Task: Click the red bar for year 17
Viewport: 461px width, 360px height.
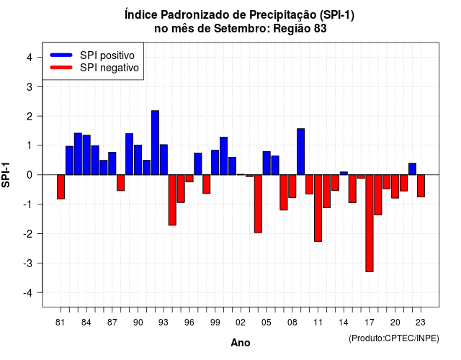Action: [370, 223]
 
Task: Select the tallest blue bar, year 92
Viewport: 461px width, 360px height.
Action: [156, 143]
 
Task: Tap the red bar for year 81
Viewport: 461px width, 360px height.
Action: [61, 187]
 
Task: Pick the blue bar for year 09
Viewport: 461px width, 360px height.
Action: [301, 152]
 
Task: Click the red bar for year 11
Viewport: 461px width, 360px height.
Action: [318, 208]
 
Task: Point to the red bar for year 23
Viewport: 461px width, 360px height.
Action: [421, 186]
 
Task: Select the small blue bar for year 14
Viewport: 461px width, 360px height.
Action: [344, 174]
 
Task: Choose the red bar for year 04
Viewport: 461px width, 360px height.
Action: [258, 204]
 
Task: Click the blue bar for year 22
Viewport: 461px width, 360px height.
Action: [413, 169]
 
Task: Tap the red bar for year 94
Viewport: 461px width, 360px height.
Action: [172, 200]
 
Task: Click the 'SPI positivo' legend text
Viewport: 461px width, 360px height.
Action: [107, 55]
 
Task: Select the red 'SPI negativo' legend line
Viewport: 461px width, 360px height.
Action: [61, 68]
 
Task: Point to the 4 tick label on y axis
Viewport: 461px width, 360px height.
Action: [30, 58]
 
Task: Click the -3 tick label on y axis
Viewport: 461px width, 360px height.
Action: [27, 263]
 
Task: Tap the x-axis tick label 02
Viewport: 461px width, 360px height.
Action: [241, 323]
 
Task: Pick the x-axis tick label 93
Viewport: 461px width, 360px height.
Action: [164, 323]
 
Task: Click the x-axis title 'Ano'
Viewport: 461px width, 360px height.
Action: [241, 343]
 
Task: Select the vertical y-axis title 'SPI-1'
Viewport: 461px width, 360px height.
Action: [6, 175]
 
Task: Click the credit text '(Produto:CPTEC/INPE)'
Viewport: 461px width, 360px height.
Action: [394, 338]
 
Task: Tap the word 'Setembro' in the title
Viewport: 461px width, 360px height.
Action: [241, 29]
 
